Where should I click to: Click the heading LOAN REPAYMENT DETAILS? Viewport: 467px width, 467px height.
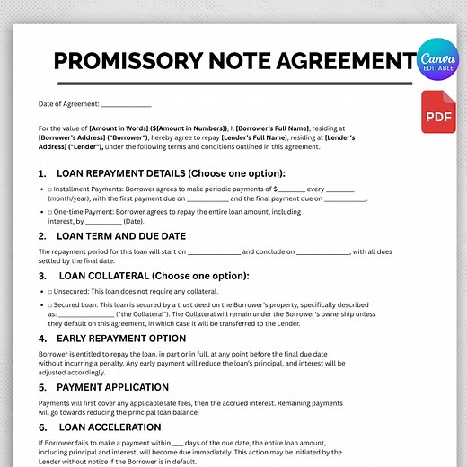point(170,172)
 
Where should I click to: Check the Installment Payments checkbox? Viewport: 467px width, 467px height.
point(50,190)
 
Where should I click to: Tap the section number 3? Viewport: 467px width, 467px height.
point(42,276)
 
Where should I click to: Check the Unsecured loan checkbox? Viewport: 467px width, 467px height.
point(50,292)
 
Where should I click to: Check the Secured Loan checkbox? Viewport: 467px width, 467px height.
point(50,305)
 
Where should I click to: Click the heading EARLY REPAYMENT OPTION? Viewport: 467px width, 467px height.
point(121,339)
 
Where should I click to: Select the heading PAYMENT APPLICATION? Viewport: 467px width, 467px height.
point(114,387)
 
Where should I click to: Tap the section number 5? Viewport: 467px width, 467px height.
point(42,387)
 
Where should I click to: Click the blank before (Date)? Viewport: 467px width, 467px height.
point(104,220)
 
